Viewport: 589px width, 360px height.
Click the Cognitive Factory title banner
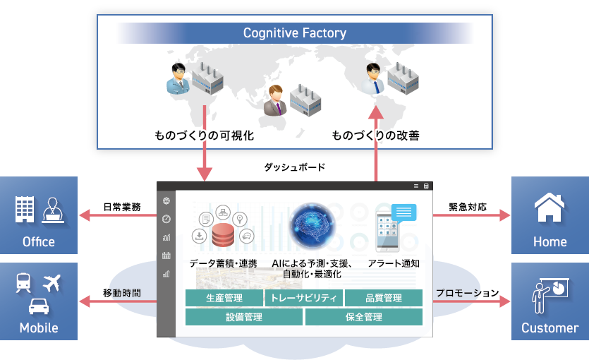pos(294,33)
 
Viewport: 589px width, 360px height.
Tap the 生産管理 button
pos(224,298)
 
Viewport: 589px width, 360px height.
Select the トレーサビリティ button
pos(304,298)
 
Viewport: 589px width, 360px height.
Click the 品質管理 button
pos(384,298)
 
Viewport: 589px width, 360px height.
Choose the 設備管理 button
pos(244,317)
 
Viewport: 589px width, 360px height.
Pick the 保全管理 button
pos(363,317)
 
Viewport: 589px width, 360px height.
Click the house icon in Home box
pos(549,208)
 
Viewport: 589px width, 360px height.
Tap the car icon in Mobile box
pos(39,306)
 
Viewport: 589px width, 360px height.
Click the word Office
pos(39,241)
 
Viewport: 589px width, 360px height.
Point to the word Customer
pos(549,328)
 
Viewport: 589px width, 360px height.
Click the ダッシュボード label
pos(295,167)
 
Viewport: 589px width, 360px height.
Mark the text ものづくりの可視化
pos(204,135)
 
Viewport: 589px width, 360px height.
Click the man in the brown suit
pos(274,102)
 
